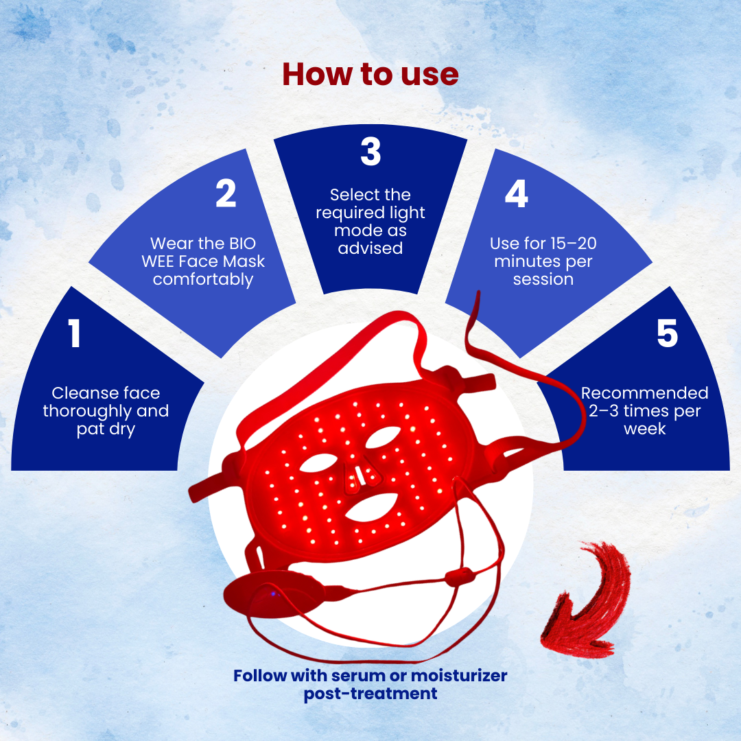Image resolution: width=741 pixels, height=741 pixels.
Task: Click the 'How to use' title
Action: tap(370, 75)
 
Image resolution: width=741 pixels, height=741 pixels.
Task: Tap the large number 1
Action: tap(74, 333)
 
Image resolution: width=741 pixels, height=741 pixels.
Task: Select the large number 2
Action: tap(226, 193)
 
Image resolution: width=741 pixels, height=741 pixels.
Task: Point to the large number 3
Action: tap(370, 151)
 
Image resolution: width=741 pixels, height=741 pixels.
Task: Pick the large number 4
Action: tap(517, 193)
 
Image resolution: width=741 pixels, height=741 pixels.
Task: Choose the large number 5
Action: tap(668, 333)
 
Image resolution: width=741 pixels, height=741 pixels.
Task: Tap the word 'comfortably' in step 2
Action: tap(203, 279)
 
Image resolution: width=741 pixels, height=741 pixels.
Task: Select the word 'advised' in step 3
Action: tap(370, 248)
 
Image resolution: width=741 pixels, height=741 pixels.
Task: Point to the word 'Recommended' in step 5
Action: tap(644, 392)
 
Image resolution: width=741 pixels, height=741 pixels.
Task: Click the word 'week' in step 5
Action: tap(644, 429)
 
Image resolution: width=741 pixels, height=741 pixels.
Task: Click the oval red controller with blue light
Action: tap(274, 593)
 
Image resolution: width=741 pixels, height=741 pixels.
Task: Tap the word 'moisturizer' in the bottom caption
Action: tap(459, 676)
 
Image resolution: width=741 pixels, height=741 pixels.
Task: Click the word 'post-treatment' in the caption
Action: tap(370, 694)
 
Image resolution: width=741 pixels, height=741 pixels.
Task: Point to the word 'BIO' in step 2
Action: tap(242, 244)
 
